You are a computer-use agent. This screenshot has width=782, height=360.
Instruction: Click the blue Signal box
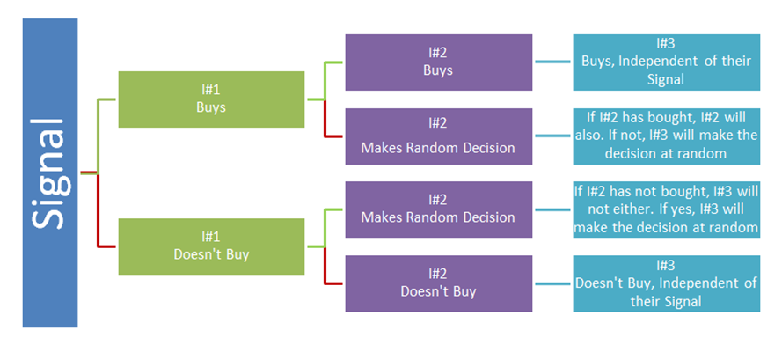50,173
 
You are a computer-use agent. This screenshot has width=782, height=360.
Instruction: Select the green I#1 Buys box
211,99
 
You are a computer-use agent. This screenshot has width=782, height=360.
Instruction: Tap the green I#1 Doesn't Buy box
211,246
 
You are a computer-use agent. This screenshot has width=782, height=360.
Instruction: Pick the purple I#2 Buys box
438,62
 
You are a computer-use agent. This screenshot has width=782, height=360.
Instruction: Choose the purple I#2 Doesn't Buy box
438,283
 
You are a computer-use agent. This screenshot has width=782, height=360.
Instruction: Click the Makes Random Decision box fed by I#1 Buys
438,136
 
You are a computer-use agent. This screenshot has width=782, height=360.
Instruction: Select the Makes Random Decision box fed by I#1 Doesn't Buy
438,209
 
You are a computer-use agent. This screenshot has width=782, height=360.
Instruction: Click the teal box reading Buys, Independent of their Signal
666,62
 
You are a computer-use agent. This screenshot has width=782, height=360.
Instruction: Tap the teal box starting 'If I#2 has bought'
666,136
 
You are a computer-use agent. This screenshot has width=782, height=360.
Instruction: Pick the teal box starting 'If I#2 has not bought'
666,209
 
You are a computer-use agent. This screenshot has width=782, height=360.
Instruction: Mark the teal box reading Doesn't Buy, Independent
666,283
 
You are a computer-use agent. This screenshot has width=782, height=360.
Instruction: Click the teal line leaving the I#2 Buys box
552,62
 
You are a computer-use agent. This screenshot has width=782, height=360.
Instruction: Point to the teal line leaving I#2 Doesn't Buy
552,283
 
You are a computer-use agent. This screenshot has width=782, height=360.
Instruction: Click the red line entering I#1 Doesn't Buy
98,209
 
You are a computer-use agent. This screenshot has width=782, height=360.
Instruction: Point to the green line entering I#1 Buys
98,136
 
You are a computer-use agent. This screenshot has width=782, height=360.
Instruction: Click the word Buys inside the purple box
438,70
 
